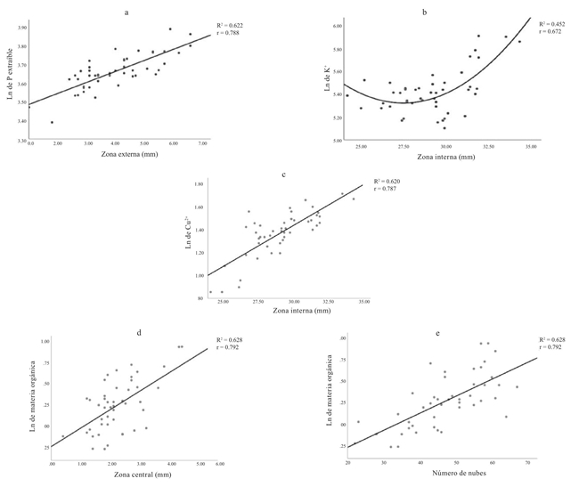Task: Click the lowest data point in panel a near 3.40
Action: [x=52, y=122]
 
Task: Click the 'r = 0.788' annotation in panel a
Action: [x=229, y=34]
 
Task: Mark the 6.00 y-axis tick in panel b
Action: [x=337, y=27]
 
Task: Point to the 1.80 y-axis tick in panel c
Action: [x=203, y=183]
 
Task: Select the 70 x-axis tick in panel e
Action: [x=528, y=463]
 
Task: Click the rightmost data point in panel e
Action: [x=517, y=387]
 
